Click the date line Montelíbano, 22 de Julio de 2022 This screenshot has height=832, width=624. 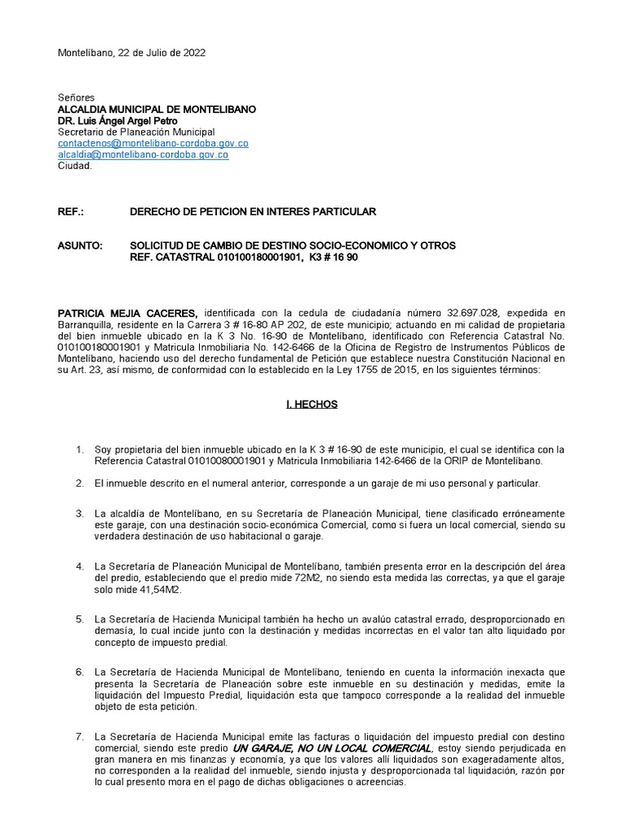pos(131,53)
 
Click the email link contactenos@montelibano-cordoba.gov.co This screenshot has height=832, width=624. pos(153,143)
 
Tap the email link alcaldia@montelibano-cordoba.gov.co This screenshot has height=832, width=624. pos(143,154)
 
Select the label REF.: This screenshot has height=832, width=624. pos(71,212)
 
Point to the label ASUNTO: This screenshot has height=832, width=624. pos(80,245)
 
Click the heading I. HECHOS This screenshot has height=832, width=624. pos(311,404)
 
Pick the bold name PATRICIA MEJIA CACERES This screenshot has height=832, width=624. pos(128,314)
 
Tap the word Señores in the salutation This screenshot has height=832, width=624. pos(76,97)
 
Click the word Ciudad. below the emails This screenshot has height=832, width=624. pos(76,166)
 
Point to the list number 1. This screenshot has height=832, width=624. pos(79,449)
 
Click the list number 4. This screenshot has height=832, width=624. pos(79,565)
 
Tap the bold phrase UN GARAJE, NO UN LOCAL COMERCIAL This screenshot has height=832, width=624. pos(331,747)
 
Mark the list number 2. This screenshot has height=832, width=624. pos(79,483)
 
